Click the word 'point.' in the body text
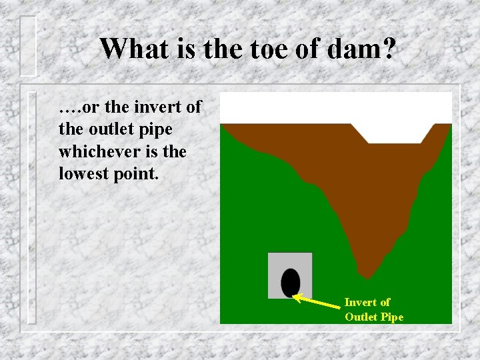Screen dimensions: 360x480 click(x=135, y=173)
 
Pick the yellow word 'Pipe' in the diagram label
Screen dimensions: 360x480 click(x=392, y=317)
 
